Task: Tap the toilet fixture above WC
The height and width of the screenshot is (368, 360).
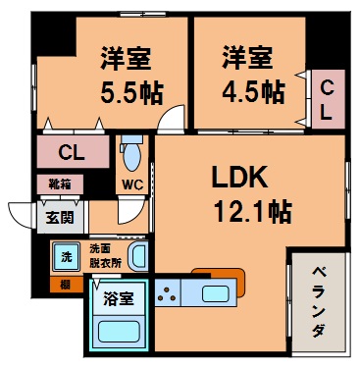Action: (130, 154)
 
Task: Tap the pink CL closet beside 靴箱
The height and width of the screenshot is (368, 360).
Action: (71, 152)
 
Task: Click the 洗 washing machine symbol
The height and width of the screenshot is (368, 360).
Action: (67, 256)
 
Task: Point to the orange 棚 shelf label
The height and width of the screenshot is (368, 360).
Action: (64, 285)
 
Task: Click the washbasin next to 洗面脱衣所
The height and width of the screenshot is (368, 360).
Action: (138, 258)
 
